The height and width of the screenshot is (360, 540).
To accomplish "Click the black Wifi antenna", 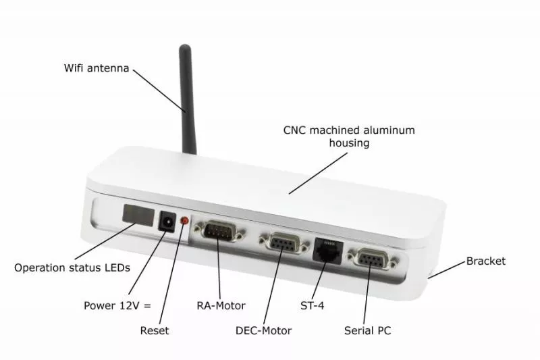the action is coord(187,100).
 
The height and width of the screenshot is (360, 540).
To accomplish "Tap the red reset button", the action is coord(185,220).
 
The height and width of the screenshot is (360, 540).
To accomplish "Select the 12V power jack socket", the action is coord(167,221).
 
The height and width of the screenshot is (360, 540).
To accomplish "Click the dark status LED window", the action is coord(138,215).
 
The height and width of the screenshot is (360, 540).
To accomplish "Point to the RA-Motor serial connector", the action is coord(220,230).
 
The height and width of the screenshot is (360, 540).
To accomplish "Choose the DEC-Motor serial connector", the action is coord(284,242).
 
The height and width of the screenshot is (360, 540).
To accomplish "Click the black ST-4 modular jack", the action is coord(328,251).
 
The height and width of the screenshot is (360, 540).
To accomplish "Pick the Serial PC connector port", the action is coord(374,259).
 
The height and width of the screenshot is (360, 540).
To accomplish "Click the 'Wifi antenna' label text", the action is coord(97,68).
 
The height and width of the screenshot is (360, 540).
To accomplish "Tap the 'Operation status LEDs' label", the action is coord(72,267).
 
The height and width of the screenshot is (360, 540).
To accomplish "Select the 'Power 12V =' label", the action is coord(117,305).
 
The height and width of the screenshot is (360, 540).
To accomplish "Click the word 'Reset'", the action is coord(155,331).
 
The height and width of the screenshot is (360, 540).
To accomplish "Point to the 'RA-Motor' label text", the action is coord(221,305).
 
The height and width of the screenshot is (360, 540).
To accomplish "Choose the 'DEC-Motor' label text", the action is coord(263,331).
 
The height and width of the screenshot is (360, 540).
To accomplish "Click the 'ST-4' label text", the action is coord(313,305).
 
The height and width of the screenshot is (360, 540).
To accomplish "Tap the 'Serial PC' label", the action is coord(367,331).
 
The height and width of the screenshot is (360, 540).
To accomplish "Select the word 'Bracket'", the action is coord(486,261).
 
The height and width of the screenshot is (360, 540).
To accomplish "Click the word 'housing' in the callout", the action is coord(349,143).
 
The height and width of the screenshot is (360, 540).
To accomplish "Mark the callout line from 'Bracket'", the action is coord(447,269).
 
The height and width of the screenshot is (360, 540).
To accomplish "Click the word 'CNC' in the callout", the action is coord(295,130).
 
